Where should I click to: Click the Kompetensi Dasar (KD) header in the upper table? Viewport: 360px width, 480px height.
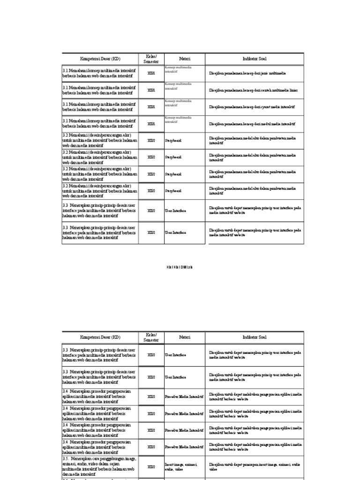100,59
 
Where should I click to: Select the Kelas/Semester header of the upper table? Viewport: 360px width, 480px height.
151,59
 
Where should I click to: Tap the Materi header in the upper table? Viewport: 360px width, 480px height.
184,59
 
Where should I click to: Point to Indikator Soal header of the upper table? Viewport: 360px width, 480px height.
254,59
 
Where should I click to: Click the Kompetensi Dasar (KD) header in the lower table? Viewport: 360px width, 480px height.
100,337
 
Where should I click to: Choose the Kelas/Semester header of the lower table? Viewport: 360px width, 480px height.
151,337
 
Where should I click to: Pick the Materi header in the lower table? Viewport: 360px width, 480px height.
184,337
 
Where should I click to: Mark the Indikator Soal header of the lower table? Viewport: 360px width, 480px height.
254,337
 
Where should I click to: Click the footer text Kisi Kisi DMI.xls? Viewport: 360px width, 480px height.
180,267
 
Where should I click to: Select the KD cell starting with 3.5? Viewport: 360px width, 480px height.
100,467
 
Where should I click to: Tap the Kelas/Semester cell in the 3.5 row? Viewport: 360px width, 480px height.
151,467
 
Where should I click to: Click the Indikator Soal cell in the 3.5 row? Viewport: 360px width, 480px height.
254,467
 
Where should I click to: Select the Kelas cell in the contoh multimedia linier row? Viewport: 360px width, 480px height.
151,90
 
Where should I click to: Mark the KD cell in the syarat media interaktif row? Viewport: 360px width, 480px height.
100,107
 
